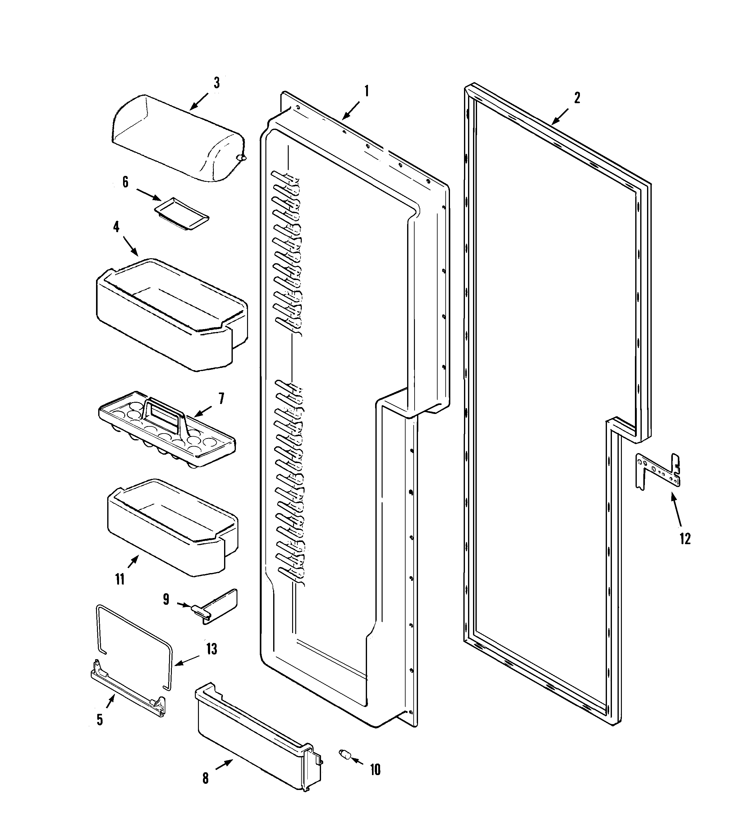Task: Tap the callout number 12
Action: click(x=685, y=539)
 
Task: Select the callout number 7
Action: click(x=221, y=398)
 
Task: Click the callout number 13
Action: click(x=211, y=649)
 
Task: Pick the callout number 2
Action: click(x=577, y=98)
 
